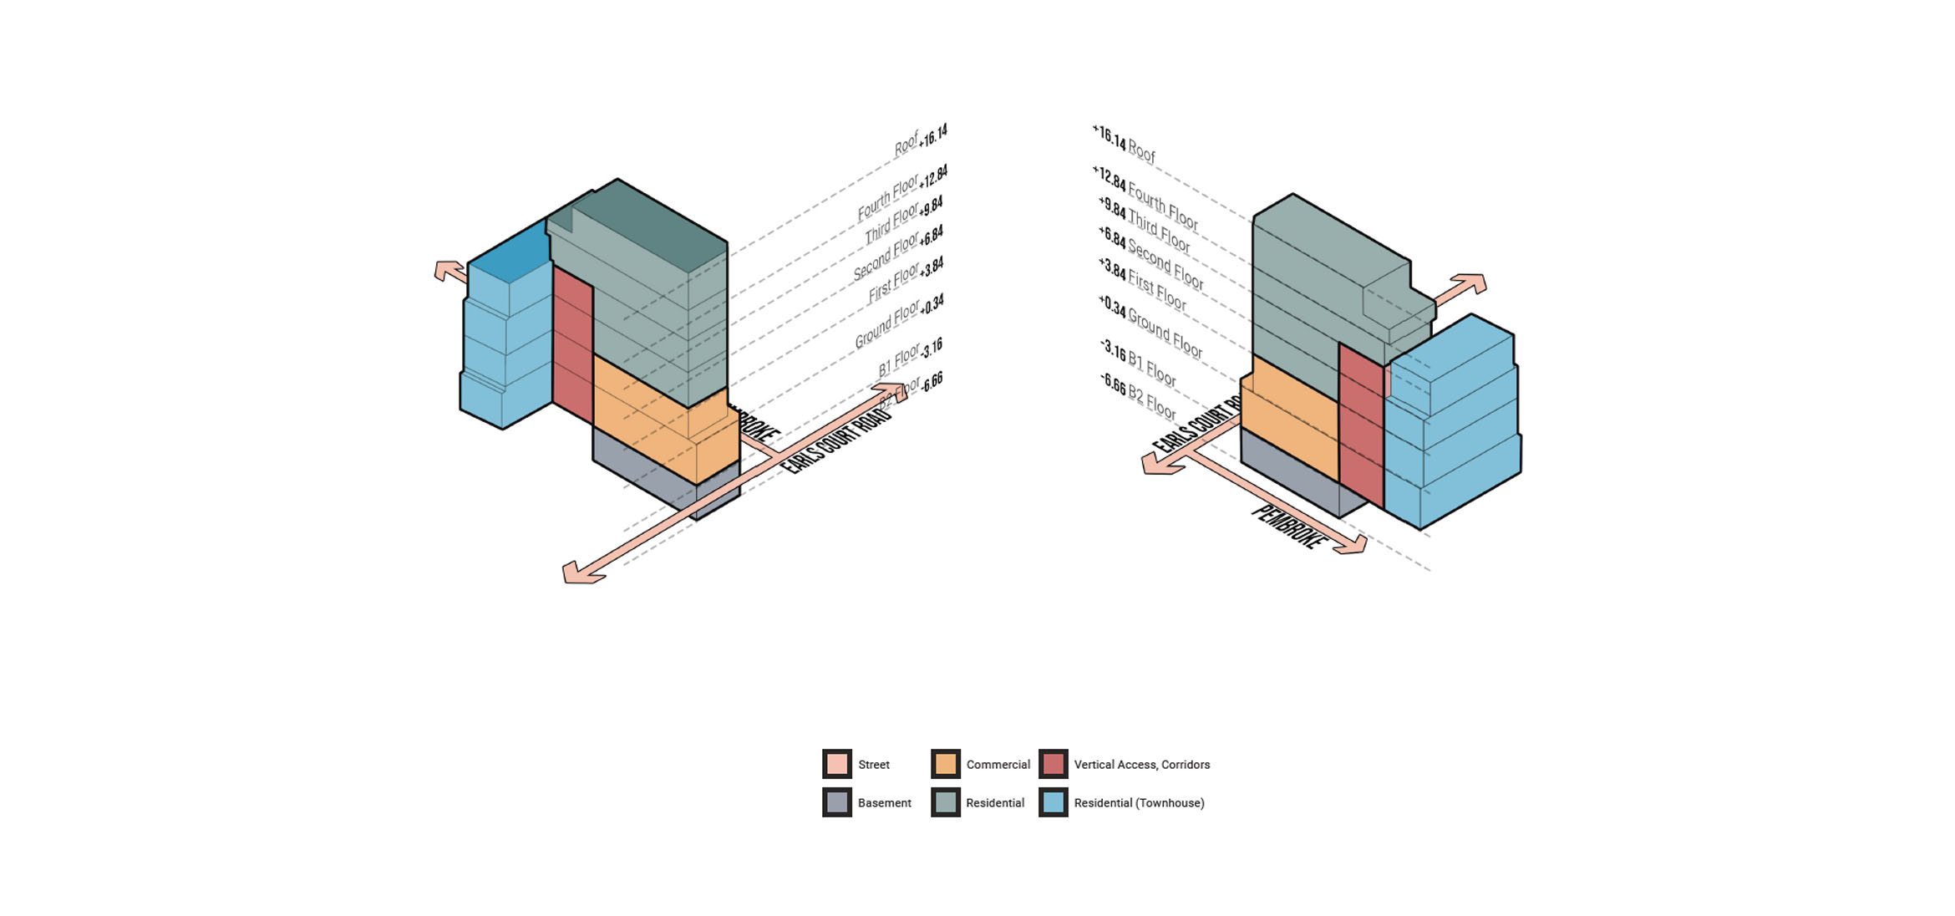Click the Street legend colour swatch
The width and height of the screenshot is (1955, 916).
(836, 764)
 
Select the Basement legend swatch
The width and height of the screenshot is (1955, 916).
(836, 802)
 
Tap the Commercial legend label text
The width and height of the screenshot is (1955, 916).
(998, 765)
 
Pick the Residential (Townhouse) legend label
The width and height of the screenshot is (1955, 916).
(1139, 803)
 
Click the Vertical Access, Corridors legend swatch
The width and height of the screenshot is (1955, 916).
(1053, 764)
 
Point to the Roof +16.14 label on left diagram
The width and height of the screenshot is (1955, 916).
(920, 140)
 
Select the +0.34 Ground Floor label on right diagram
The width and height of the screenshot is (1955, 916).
(1150, 327)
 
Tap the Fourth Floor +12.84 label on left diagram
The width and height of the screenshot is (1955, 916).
(902, 193)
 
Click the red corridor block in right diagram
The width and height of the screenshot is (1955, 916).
(1361, 426)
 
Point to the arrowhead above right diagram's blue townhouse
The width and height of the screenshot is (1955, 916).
(1471, 283)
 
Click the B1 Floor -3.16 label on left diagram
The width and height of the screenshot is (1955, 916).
(910, 357)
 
